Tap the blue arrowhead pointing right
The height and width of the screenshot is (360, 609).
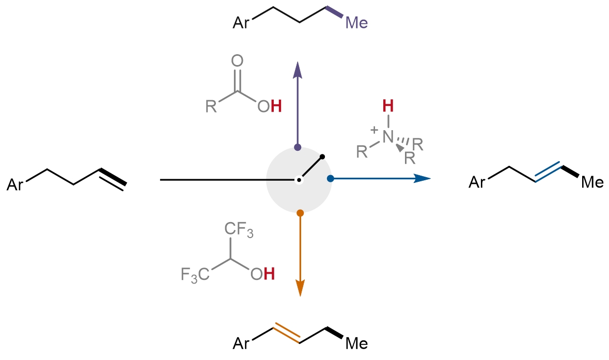click(x=423, y=179)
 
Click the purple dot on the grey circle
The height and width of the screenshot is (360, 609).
click(x=298, y=147)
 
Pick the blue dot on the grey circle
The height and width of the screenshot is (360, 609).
click(x=331, y=179)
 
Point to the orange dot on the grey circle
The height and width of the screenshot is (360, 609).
click(x=300, y=212)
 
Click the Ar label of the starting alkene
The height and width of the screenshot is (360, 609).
click(x=15, y=184)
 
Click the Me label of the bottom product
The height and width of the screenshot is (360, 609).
click(x=356, y=343)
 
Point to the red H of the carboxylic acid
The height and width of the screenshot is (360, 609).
click(x=276, y=107)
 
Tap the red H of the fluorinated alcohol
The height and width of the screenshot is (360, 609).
click(x=269, y=274)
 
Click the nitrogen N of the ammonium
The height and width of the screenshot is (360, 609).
click(x=388, y=136)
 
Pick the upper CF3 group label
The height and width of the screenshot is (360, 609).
click(x=239, y=230)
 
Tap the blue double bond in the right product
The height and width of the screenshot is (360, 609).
click(x=548, y=173)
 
